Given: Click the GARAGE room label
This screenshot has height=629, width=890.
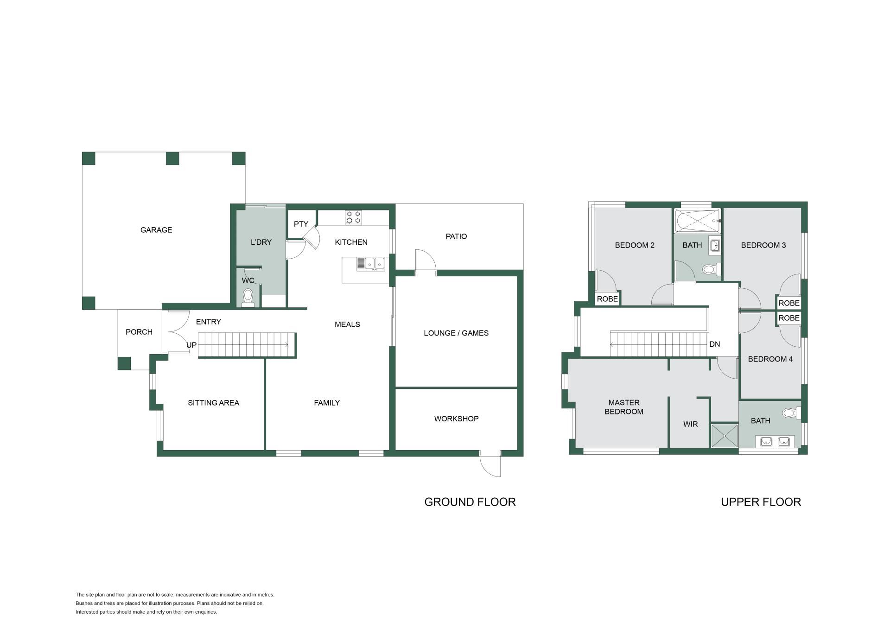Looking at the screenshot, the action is click(156, 230).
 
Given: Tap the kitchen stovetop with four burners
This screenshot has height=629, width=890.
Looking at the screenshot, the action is click(353, 217).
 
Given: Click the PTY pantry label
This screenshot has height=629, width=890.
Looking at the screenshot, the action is click(301, 224).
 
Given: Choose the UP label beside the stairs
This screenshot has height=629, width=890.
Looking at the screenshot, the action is click(191, 345).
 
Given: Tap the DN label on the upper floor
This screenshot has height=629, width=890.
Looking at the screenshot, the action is click(714, 344).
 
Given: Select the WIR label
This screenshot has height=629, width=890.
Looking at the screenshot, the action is click(690, 424).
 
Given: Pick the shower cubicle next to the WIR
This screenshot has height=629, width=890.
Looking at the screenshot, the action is click(724, 436).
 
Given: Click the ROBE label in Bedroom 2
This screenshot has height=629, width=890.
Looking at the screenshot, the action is click(607, 299).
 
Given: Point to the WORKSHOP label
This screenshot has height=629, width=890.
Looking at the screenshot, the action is click(456, 419).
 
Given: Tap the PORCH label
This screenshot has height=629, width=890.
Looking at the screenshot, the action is click(139, 332).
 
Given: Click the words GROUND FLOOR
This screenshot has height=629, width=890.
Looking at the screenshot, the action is click(470, 502).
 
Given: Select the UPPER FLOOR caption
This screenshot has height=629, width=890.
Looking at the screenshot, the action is click(761, 502).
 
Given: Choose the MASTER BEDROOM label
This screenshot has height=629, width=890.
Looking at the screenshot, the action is click(624, 407).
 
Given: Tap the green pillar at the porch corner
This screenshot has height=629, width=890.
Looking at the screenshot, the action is click(124, 363).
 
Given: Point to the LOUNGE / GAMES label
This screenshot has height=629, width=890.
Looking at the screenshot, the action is click(456, 333).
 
